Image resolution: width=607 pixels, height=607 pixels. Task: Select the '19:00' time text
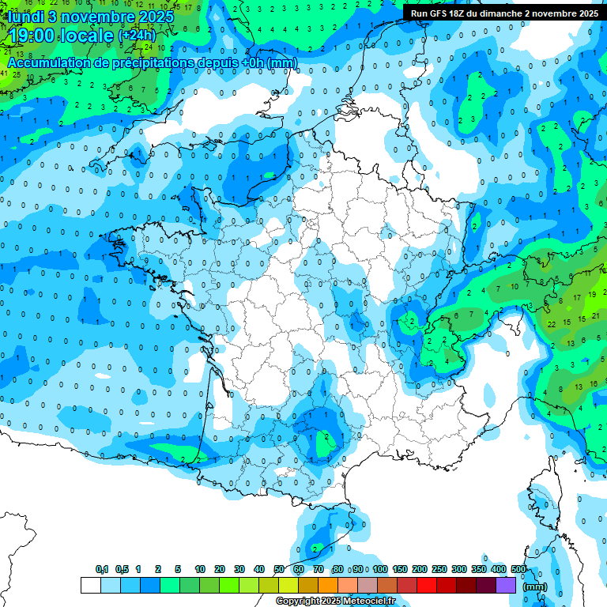(32, 36)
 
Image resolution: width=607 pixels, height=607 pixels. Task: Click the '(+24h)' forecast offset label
(137, 36)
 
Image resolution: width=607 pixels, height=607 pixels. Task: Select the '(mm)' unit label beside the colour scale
(535, 586)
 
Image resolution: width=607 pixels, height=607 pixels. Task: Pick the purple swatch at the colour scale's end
(506, 586)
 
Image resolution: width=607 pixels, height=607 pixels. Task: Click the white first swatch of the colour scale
(90, 586)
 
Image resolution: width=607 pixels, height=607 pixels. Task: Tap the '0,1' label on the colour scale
(101, 569)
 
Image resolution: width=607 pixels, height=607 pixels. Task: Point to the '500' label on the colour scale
(518, 569)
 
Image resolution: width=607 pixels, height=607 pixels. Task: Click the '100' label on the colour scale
(380, 569)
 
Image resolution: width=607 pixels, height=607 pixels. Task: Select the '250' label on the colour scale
(439, 569)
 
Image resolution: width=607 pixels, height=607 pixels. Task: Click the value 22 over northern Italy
(551, 324)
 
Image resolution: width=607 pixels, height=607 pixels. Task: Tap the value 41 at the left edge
(5, 74)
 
